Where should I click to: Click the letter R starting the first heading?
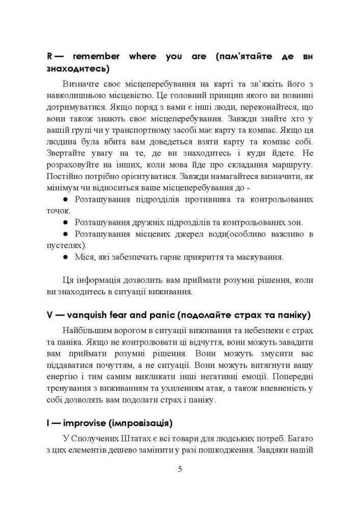[50, 56]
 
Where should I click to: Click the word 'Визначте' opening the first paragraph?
[83, 83]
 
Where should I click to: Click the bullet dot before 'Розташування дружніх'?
[65, 222]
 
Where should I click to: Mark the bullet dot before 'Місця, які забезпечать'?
[65, 257]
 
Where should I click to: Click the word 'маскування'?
[261, 257]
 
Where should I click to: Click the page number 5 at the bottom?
[180, 469]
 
